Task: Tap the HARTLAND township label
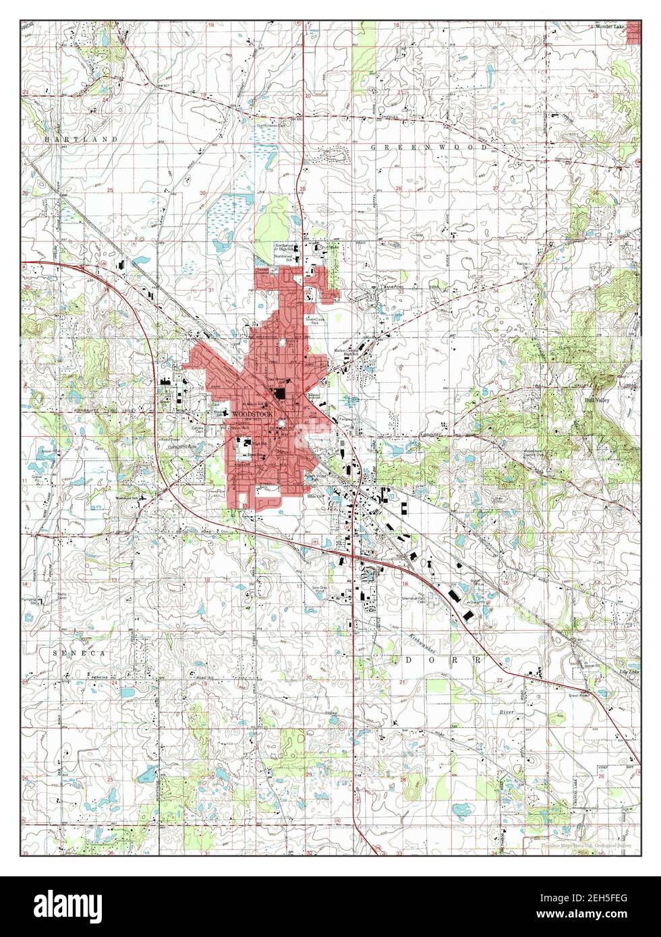(x=72, y=139)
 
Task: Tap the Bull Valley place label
(x=598, y=399)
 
